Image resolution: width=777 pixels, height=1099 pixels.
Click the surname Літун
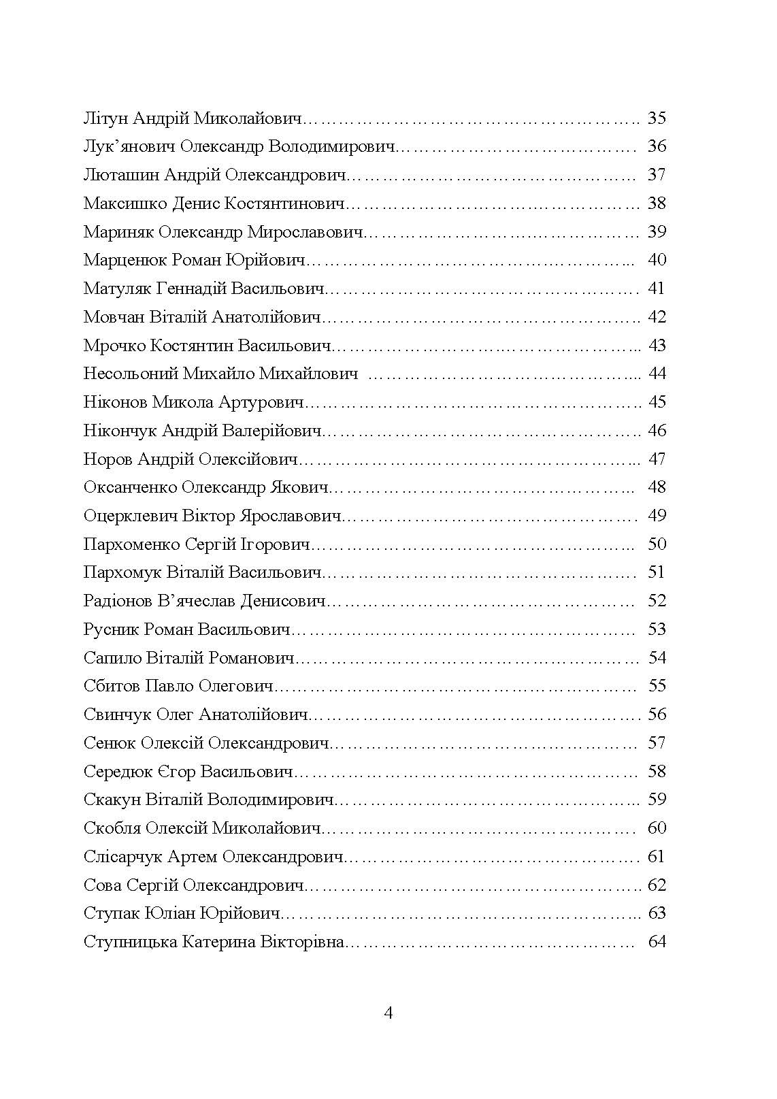[x=105, y=118]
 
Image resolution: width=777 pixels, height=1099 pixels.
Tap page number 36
[x=657, y=146]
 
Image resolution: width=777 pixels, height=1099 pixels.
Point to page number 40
[x=657, y=260]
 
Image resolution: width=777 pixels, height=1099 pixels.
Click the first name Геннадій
[x=191, y=289]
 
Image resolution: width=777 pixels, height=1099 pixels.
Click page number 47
[x=657, y=459]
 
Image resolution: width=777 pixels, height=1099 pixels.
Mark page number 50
[x=657, y=544]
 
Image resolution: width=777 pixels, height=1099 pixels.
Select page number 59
[x=657, y=799]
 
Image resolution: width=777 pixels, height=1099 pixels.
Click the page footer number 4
[x=388, y=1013]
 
